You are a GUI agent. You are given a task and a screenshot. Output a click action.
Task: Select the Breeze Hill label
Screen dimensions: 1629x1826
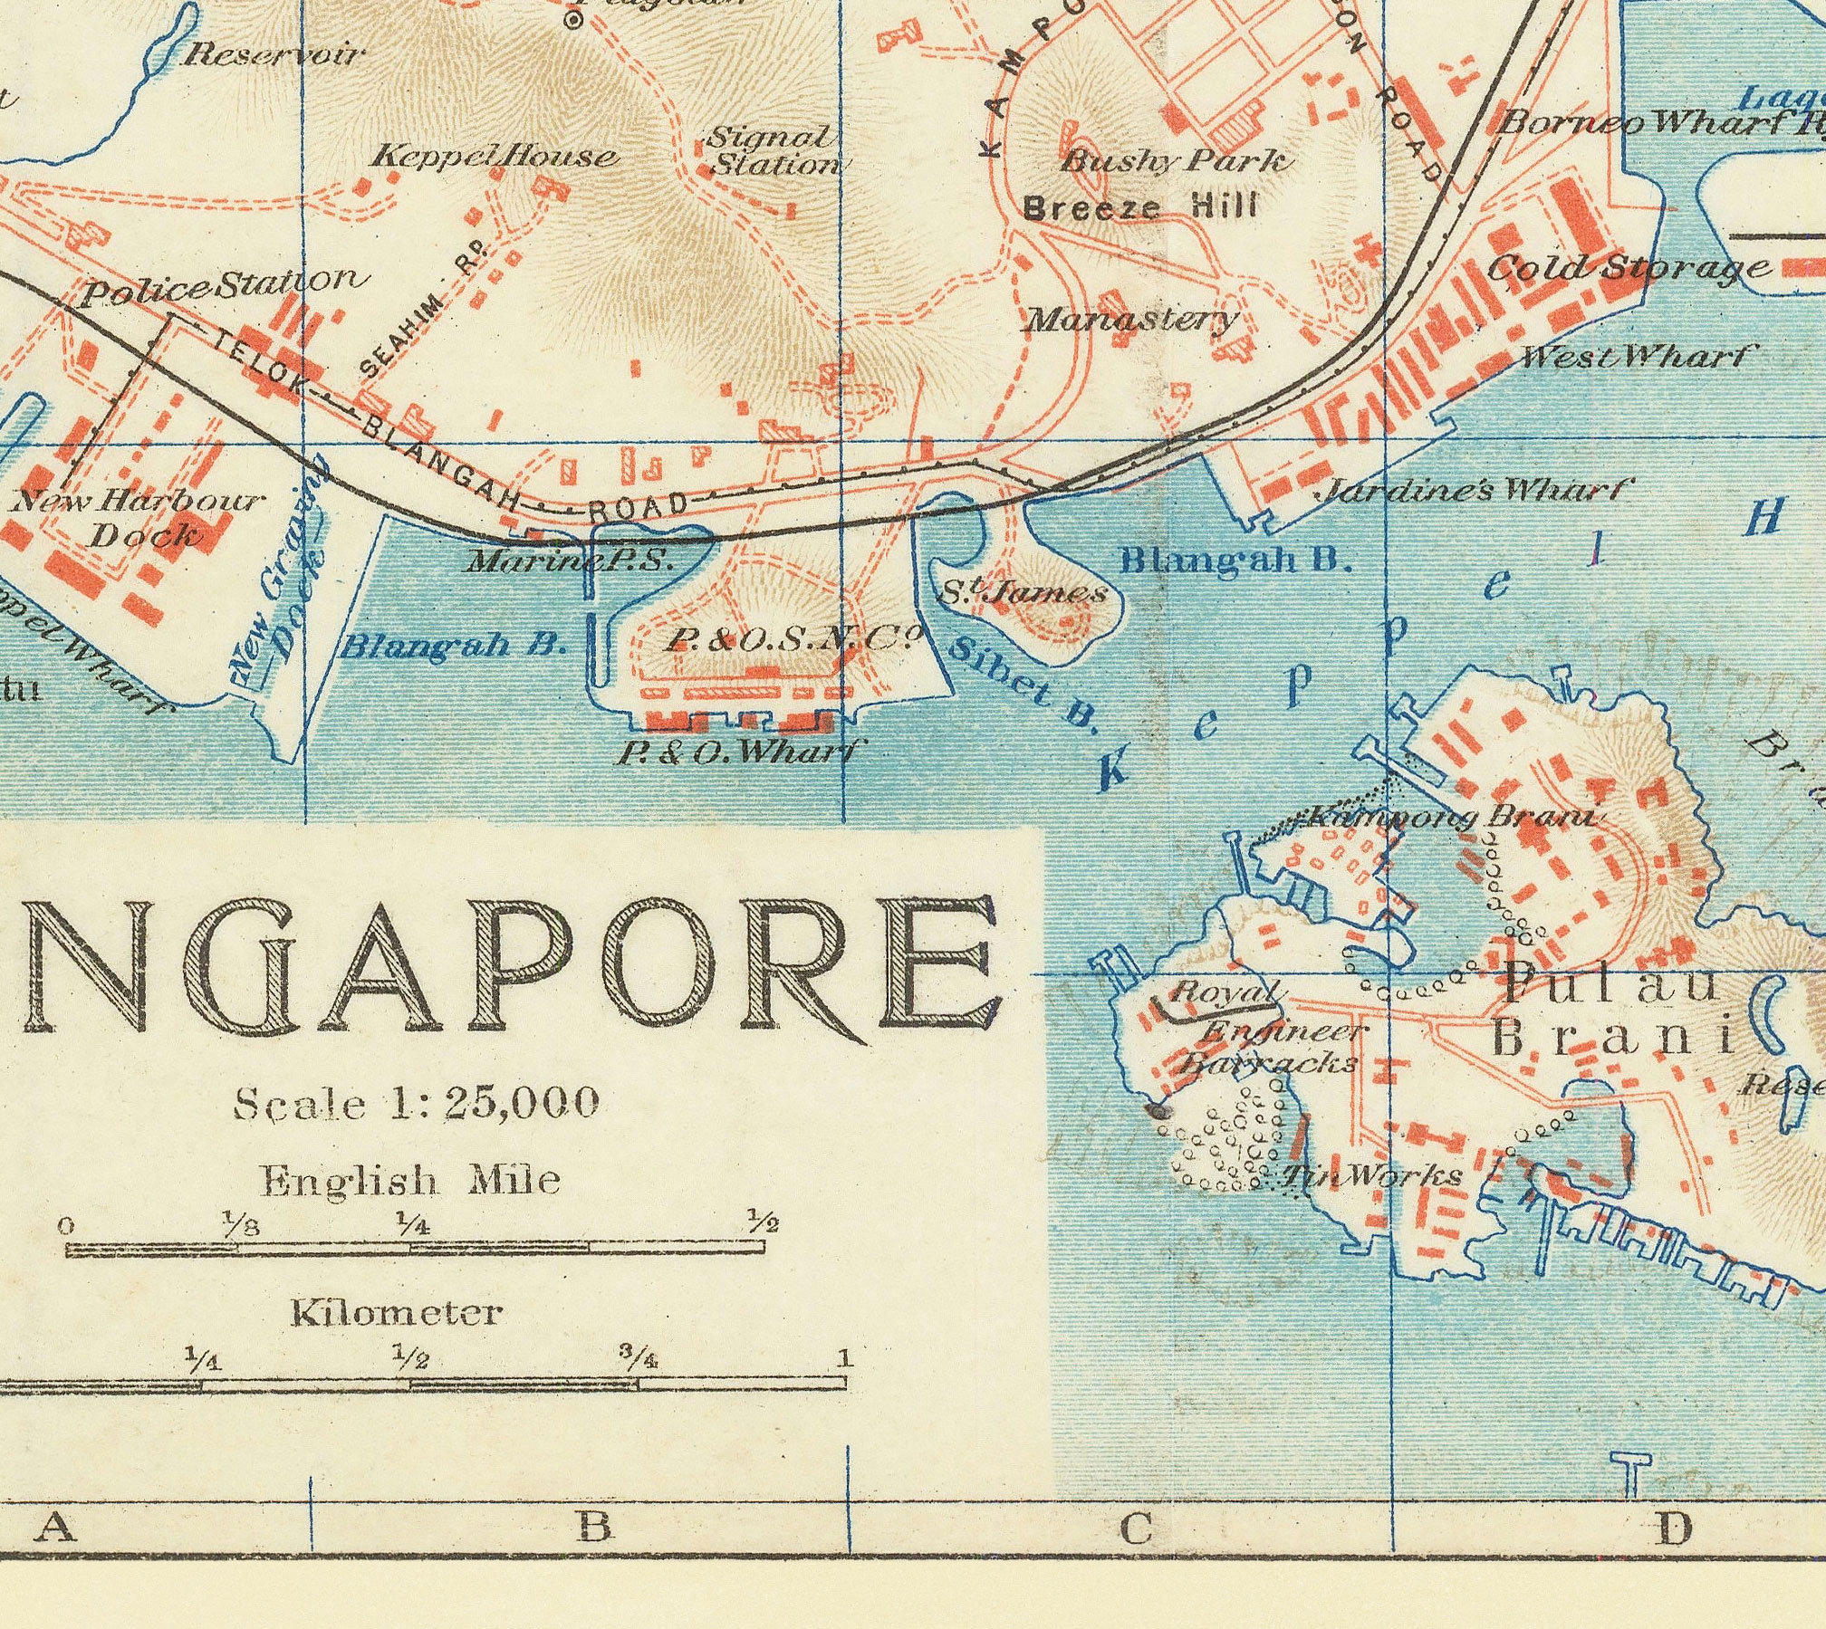point(1139,207)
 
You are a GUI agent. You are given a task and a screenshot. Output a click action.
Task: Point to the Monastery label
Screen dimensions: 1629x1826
point(1131,320)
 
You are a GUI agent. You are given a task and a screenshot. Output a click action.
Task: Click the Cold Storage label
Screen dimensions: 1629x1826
point(1629,268)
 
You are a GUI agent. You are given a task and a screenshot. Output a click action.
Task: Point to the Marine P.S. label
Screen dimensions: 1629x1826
point(571,561)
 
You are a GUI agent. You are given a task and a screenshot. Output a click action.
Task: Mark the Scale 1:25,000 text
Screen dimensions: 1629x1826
point(416,1103)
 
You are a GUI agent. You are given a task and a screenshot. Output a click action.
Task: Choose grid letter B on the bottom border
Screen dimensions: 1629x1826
point(595,1527)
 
